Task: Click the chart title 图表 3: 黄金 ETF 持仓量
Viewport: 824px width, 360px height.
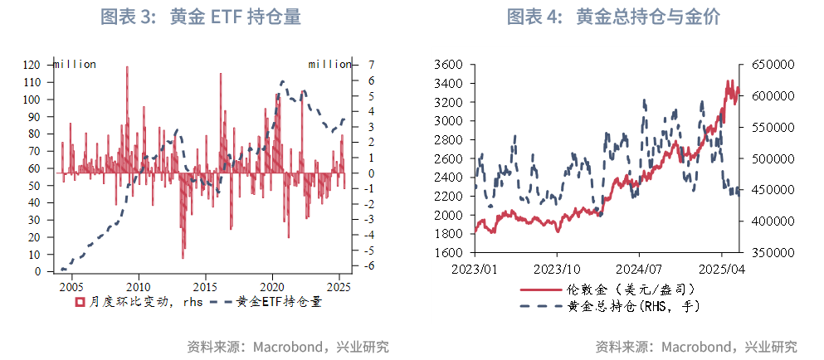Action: [200, 17]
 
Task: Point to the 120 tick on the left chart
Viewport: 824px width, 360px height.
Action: [32, 65]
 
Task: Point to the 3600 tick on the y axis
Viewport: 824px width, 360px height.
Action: [448, 65]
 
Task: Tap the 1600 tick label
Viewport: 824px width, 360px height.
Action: [448, 252]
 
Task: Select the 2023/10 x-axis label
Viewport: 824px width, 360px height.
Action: [557, 269]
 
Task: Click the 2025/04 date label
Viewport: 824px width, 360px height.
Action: [721, 269]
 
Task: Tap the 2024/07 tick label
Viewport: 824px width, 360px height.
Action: [639, 269]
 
